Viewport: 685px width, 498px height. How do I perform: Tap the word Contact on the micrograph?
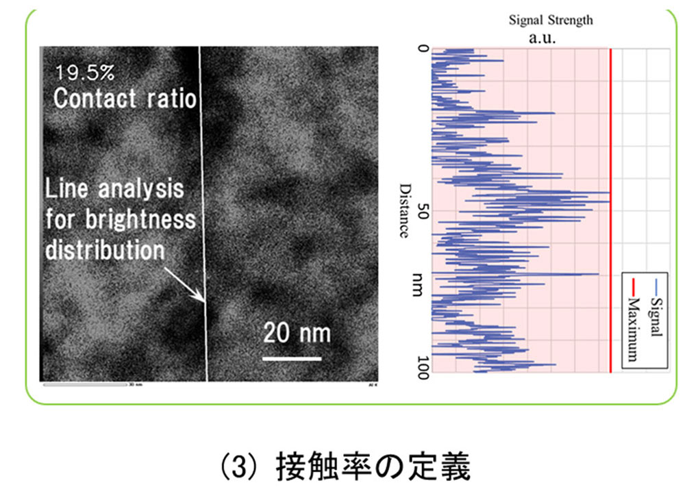(x=95, y=99)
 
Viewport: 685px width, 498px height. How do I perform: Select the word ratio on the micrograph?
(x=169, y=99)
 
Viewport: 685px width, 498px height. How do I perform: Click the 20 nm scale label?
(x=297, y=334)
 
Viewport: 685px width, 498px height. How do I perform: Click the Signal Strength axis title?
(x=551, y=20)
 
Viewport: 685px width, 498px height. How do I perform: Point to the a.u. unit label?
(x=542, y=38)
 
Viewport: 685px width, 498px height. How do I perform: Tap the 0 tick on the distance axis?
(x=422, y=50)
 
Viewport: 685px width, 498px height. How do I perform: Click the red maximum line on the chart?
(x=610, y=206)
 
